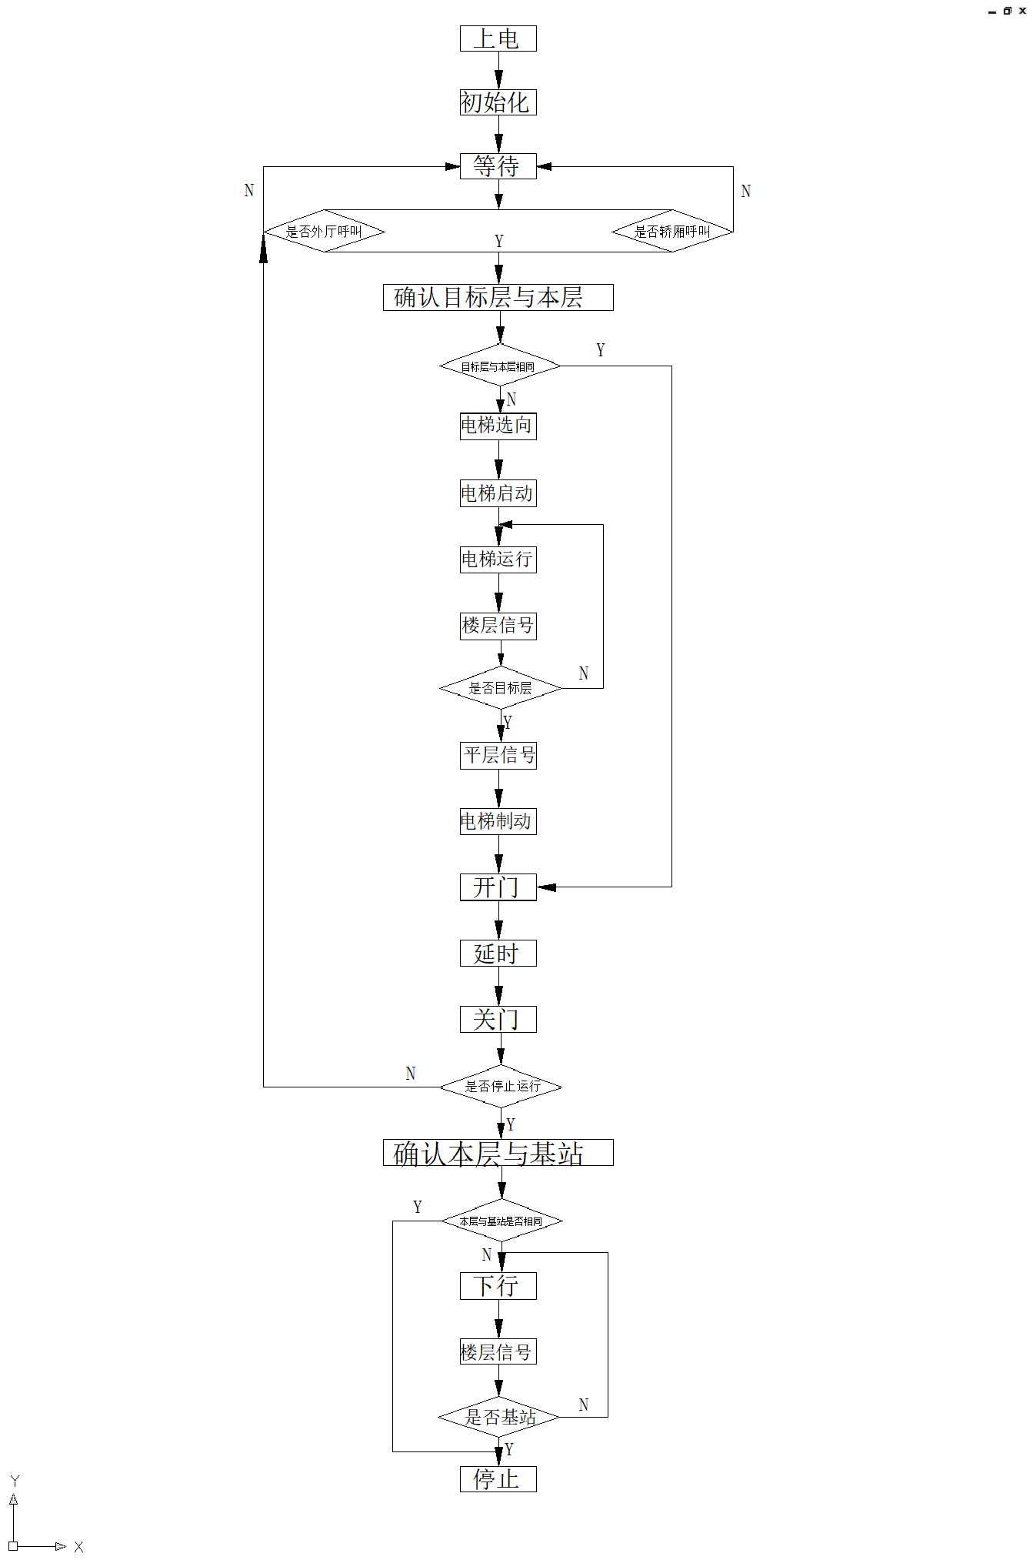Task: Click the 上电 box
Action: [498, 38]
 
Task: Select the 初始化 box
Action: [498, 102]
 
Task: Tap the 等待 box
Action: [498, 166]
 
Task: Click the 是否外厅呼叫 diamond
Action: [324, 231]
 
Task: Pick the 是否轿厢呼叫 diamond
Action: [672, 231]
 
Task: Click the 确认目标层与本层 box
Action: [498, 298]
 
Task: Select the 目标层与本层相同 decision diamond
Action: [499, 366]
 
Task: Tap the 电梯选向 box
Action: [498, 426]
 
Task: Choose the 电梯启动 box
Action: [498, 493]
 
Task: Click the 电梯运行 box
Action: [498, 560]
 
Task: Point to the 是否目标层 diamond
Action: [500, 688]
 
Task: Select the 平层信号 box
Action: [498, 755]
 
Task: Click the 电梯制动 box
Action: [498, 821]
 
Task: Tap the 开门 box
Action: [498, 887]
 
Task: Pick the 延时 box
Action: [498, 954]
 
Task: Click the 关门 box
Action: [498, 1020]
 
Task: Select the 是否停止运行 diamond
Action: [501, 1087]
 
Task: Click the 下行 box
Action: [498, 1286]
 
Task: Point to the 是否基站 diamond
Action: [499, 1417]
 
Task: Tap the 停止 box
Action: [498, 1479]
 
